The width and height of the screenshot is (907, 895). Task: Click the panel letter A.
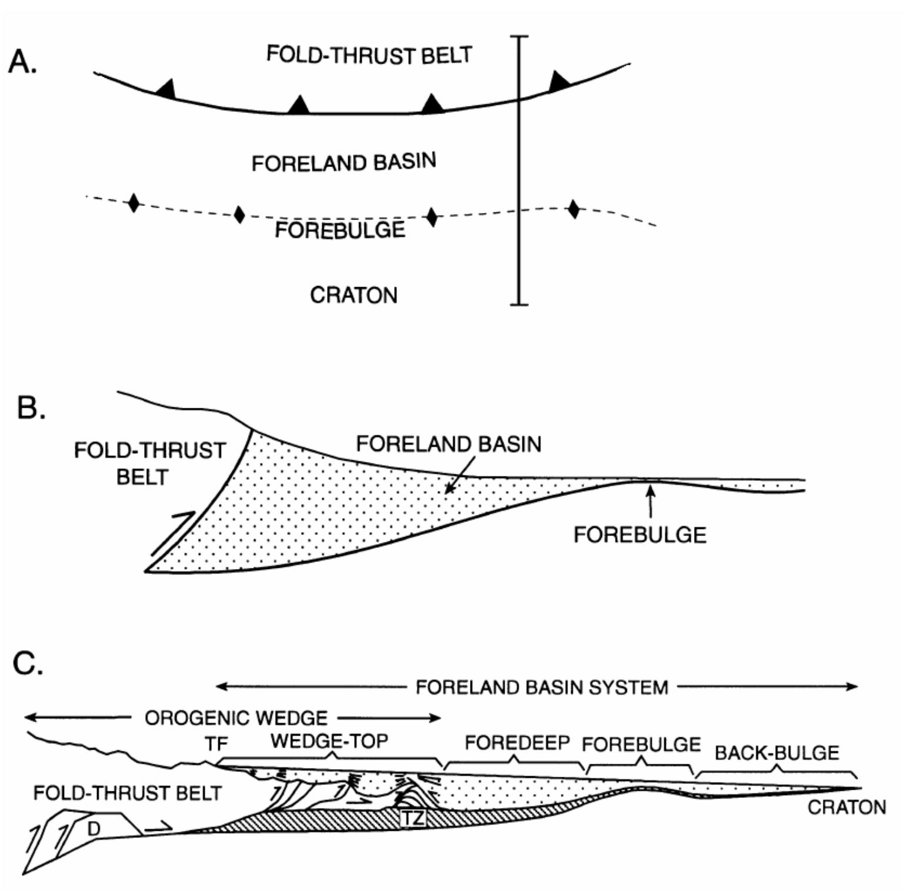pyautogui.click(x=22, y=61)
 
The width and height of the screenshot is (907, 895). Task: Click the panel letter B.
pyautogui.click(x=31, y=407)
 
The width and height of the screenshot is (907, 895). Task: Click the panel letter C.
pyautogui.click(x=28, y=663)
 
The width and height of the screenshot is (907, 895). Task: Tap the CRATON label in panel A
pyautogui.click(x=354, y=295)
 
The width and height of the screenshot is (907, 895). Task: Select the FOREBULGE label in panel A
pyautogui.click(x=340, y=229)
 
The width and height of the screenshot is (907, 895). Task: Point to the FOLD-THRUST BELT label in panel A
pyautogui.click(x=369, y=55)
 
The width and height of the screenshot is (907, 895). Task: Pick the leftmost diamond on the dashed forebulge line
pyautogui.click(x=134, y=203)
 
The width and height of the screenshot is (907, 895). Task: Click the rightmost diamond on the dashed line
pyautogui.click(x=573, y=209)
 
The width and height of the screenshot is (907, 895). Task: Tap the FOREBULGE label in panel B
pyautogui.click(x=640, y=535)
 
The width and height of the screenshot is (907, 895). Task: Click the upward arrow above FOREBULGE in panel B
pyautogui.click(x=651, y=500)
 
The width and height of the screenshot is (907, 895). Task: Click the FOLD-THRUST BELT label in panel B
pyautogui.click(x=149, y=463)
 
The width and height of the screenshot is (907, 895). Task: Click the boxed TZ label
pyautogui.click(x=413, y=817)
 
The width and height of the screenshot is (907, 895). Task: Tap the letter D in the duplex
pyautogui.click(x=94, y=829)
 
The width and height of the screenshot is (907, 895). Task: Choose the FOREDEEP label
pyautogui.click(x=517, y=743)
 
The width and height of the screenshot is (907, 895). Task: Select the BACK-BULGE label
pyautogui.click(x=776, y=753)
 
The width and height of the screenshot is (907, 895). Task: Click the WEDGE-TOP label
pyautogui.click(x=329, y=741)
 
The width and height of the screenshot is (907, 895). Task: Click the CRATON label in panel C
pyautogui.click(x=846, y=807)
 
